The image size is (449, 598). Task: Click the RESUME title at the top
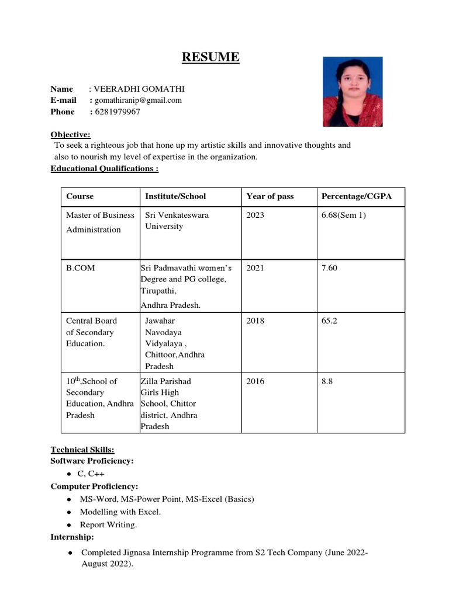tap(210, 57)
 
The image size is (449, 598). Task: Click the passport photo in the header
tap(353, 92)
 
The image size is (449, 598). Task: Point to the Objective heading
tap(70, 134)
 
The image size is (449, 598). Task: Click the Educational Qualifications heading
tap(105, 169)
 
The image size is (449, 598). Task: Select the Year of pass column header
tap(270, 196)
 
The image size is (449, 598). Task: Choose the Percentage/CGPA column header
tap(356, 196)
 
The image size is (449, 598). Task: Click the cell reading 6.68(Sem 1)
tap(343, 215)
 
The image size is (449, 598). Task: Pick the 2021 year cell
tap(255, 267)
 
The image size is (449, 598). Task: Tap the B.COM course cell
tap(80, 267)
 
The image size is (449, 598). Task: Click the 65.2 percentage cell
tap(329, 321)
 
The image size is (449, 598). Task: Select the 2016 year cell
tap(255, 381)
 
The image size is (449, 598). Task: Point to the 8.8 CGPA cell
tap(327, 381)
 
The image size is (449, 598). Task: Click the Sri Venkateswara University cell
tap(177, 221)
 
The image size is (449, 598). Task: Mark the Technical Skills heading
tap(82, 449)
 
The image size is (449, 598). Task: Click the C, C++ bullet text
tap(91, 474)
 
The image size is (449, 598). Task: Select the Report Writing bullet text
tap(108, 524)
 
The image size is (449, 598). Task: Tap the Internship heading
tap(72, 537)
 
